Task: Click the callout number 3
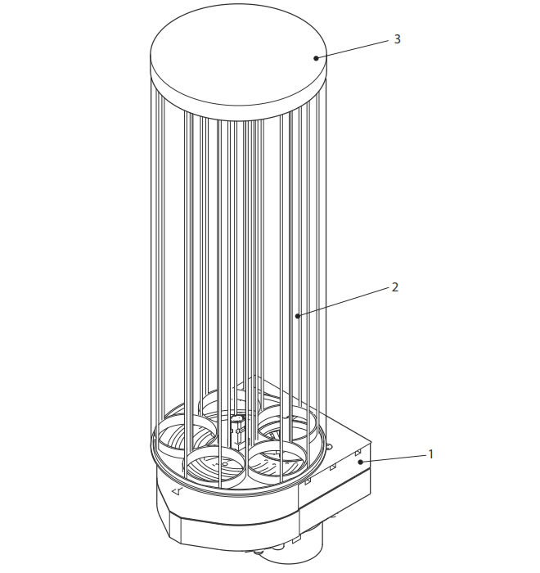pos(397,39)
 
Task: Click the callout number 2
pos(394,287)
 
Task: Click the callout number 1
pos(430,454)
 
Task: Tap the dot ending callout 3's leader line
pos(316,58)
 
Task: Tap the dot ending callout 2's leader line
pos(298,316)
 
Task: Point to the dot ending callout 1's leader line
pos(361,462)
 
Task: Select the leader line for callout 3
pos(353,49)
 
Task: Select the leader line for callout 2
pos(344,302)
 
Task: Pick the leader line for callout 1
pos(394,458)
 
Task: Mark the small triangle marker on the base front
pos(177,491)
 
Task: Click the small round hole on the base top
pos(329,447)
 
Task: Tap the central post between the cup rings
pos(237,431)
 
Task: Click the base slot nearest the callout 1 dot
pos(358,453)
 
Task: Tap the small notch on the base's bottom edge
pos(296,539)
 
